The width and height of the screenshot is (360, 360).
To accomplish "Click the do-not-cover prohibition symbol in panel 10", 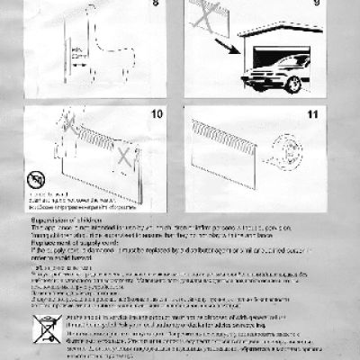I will coord(36,178).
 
